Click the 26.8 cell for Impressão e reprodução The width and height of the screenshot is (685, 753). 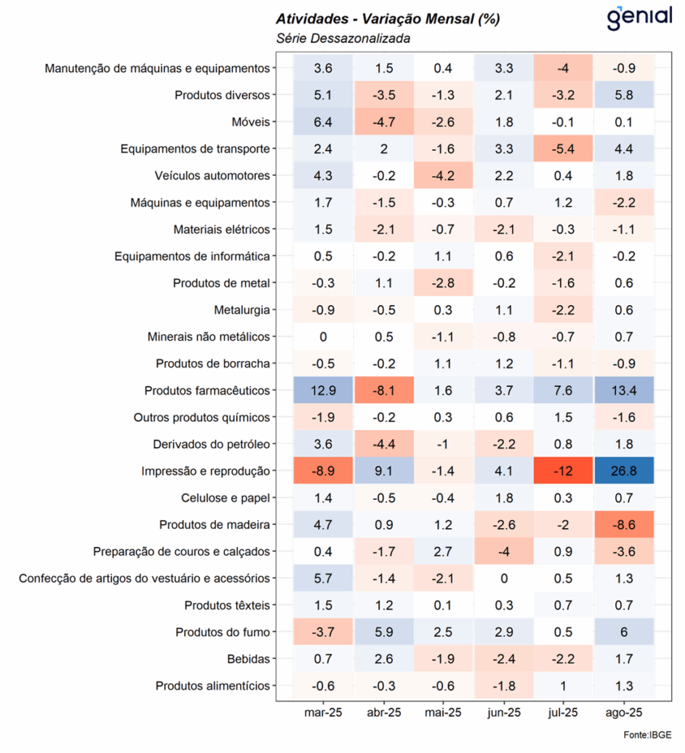[x=624, y=471]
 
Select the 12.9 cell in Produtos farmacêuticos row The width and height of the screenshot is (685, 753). [x=323, y=390]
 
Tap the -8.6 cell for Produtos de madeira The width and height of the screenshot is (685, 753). [x=624, y=524]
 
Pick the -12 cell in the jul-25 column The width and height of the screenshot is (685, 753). [x=564, y=471]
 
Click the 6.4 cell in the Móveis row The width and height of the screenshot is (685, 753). [x=323, y=122]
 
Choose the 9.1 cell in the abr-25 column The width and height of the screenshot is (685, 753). [x=383, y=471]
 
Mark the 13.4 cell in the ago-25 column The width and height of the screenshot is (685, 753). [x=624, y=390]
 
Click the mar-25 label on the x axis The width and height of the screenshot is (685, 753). [x=323, y=712]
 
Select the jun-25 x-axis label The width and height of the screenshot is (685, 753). [x=503, y=712]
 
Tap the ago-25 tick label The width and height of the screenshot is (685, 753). [x=624, y=712]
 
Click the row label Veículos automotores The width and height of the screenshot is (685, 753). [x=213, y=176]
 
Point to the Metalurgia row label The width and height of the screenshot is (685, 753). [x=242, y=310]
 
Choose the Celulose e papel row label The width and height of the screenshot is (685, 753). [x=225, y=498]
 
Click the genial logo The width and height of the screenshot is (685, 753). [x=639, y=18]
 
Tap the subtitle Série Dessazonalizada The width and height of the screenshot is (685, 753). [x=343, y=38]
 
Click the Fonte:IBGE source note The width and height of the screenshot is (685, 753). [x=647, y=735]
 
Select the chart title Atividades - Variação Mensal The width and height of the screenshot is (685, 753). [x=388, y=19]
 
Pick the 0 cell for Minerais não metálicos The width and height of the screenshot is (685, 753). [x=323, y=337]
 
